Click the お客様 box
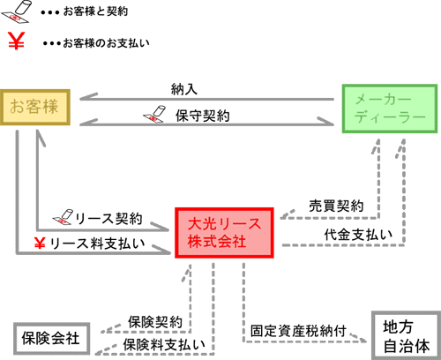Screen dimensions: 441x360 tap(35, 108)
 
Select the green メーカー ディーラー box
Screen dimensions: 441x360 tap(390, 109)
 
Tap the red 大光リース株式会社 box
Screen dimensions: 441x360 tap(224, 233)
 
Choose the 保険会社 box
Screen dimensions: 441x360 tap(51, 338)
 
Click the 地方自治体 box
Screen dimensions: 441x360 tap(407, 335)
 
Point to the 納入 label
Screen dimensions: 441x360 tap(184, 89)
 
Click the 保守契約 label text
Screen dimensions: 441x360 tap(203, 116)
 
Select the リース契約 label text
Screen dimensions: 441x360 tap(109, 219)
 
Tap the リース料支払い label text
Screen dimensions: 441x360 tap(97, 244)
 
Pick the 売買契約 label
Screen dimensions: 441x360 tap(336, 206)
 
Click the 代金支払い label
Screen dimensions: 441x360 tap(358, 235)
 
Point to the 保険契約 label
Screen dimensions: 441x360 tap(155, 322)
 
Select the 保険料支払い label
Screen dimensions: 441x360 tap(164, 344)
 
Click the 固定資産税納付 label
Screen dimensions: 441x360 tap(298, 331)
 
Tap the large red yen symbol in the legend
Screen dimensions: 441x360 tap(16, 41)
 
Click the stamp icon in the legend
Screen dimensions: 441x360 tap(16, 11)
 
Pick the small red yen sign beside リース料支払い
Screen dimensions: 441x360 tap(40, 243)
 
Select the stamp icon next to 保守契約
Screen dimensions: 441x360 tap(154, 114)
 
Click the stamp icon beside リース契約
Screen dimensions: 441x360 tap(63, 217)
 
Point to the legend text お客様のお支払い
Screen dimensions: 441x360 tap(96, 43)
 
